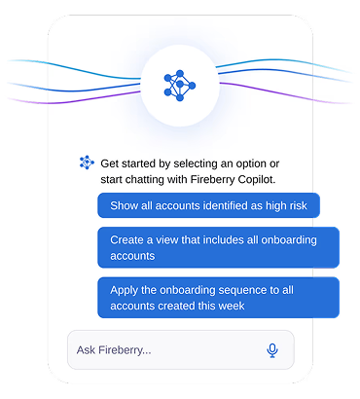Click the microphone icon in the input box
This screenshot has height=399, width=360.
pos(272,350)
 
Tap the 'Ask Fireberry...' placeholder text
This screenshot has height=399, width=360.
pos(114,350)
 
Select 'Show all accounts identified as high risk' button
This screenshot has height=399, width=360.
pos(208,205)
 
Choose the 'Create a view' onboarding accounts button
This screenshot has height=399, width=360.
pos(218,247)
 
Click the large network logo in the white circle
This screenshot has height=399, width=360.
pos(180,86)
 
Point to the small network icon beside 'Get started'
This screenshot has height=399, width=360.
pos(87,163)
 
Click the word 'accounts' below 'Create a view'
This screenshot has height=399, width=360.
pos(132,256)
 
